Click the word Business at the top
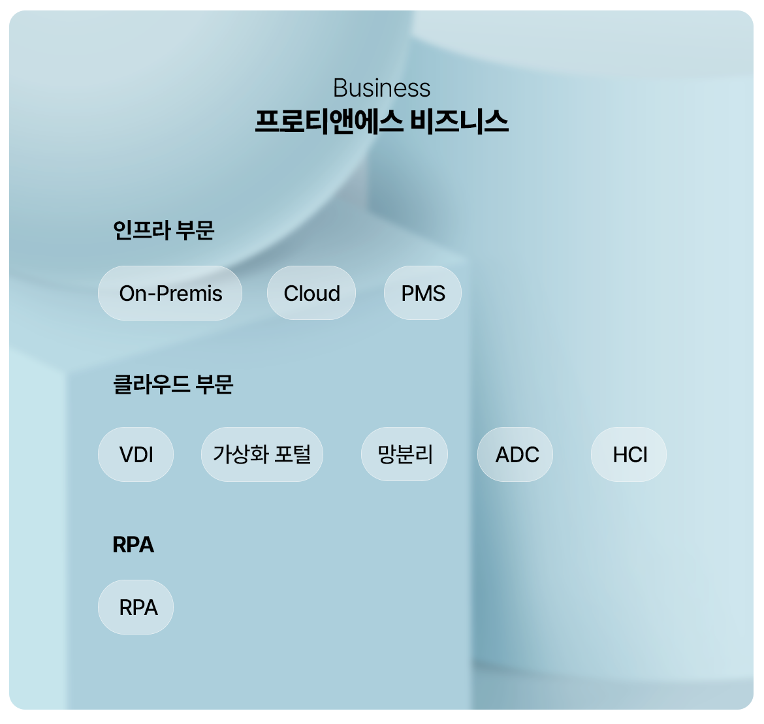click(x=381, y=88)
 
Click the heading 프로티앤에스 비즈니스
click(x=381, y=122)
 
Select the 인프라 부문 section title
click(x=163, y=230)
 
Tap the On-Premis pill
click(x=170, y=293)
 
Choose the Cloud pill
click(x=311, y=293)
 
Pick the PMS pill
click(x=422, y=293)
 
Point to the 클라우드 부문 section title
click(x=173, y=384)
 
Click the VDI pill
click(x=136, y=454)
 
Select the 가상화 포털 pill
click(x=262, y=454)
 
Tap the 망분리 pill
click(x=404, y=454)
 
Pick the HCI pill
click(x=629, y=454)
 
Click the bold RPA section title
click(x=133, y=544)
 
